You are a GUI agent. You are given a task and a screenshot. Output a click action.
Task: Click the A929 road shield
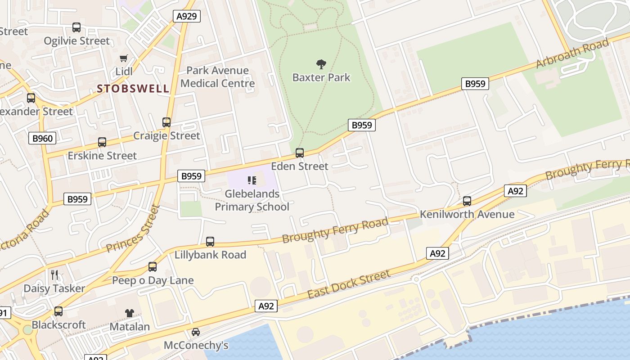click(186, 16)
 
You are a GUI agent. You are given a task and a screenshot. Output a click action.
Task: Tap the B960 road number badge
click(43, 138)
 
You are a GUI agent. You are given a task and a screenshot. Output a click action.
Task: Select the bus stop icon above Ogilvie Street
click(76, 27)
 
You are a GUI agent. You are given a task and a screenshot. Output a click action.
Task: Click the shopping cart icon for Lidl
click(124, 58)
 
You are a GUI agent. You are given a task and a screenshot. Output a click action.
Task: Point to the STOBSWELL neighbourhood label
click(133, 88)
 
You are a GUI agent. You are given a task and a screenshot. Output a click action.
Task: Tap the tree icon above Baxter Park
click(321, 64)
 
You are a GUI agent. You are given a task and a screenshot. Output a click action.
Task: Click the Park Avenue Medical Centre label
click(217, 77)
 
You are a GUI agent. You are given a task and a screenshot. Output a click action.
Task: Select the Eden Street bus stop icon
click(300, 153)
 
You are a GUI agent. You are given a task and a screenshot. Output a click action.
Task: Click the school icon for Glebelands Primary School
click(252, 181)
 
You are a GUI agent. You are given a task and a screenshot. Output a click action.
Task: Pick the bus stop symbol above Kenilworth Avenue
click(467, 201)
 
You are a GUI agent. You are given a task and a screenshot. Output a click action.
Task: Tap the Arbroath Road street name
click(572, 54)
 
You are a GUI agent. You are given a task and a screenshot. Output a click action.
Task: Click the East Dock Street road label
click(349, 284)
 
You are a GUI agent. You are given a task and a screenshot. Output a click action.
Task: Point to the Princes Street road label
click(134, 229)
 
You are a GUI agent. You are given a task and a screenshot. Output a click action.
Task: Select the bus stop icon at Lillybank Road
click(210, 242)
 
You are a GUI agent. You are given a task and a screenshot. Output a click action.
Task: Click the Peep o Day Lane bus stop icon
click(153, 267)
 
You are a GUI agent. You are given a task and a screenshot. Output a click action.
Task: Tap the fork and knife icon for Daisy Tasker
click(54, 275)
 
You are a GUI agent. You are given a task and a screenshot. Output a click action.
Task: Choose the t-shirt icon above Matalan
click(130, 313)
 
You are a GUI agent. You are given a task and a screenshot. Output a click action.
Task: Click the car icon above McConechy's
click(196, 332)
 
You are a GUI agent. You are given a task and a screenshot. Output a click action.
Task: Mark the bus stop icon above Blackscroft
click(58, 311)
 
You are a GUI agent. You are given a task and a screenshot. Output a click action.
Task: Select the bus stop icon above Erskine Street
click(102, 142)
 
